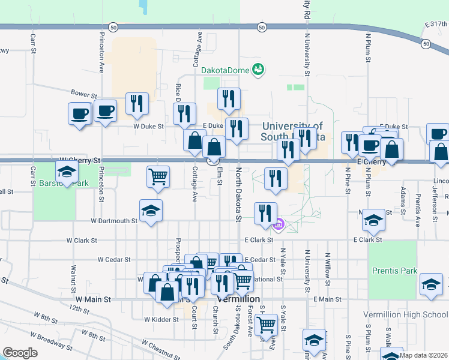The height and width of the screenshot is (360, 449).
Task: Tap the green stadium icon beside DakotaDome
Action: tap(259, 70)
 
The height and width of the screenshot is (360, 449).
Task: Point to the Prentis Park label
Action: tap(393, 271)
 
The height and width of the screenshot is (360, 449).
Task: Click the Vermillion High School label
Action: tap(405, 315)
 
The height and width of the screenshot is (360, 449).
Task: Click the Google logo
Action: tap(20, 353)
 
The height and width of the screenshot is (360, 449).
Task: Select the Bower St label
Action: tap(83, 95)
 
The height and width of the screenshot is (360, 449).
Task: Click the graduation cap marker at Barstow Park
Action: tap(67, 172)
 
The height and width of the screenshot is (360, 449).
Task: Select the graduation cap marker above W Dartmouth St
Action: tap(151, 211)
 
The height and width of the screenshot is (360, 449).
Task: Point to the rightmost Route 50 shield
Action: tap(426, 44)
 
